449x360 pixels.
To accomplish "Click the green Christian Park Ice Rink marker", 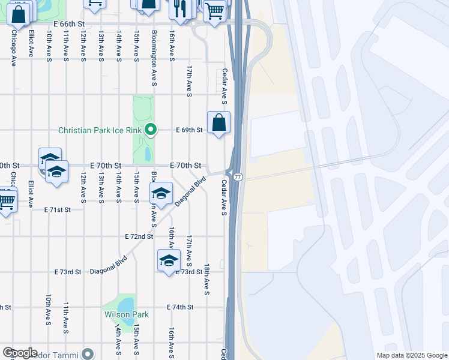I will coord(152,130).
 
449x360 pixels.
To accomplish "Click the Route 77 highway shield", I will coord(238,177).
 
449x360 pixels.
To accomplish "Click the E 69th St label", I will coord(189,130).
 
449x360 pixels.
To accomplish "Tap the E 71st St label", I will coord(58,209).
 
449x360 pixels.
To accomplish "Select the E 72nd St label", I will coord(139,237).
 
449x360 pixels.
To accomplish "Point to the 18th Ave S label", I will coord(206,279).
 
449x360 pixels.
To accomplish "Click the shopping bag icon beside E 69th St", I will coord(219,123).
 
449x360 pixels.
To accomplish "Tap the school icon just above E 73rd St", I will coord(169,260).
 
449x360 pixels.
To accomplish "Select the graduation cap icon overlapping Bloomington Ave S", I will coord(161,194).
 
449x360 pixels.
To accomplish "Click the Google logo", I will coord(20,353).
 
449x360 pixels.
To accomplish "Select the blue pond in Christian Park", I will coord(148,154).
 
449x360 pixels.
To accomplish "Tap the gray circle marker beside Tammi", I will coord(88,354).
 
